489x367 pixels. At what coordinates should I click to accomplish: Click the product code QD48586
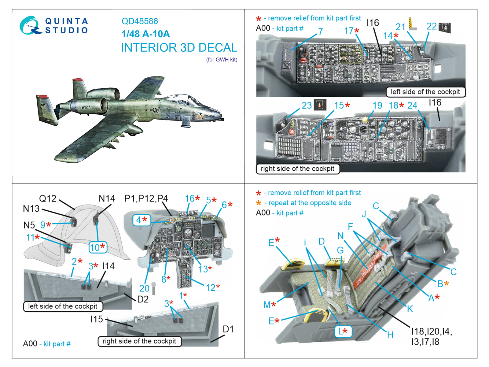point(140,21)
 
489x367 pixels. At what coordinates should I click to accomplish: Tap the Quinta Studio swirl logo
point(30,25)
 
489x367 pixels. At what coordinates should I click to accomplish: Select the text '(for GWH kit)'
point(222,60)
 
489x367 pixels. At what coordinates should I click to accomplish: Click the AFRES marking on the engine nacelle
point(86,108)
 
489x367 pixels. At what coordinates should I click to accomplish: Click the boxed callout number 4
point(142,220)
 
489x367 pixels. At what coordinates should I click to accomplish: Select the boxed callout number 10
point(98,247)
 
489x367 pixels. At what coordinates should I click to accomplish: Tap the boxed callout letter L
point(343,331)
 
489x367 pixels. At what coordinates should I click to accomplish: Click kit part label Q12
point(48,198)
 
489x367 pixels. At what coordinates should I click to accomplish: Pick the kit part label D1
point(228,329)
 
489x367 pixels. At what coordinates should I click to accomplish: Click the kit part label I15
point(97,319)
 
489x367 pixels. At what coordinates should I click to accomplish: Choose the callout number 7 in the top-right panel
point(320,32)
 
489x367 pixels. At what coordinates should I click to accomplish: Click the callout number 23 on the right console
point(307,106)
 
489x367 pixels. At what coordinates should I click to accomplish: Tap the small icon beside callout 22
point(444,28)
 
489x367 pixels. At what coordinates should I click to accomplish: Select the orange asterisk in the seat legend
point(259,203)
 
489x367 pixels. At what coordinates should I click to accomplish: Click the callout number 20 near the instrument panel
point(144,288)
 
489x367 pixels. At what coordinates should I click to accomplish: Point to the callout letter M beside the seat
point(267,305)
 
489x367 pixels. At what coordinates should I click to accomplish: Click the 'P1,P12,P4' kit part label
point(146,198)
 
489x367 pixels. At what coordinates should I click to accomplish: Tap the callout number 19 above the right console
point(377,106)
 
